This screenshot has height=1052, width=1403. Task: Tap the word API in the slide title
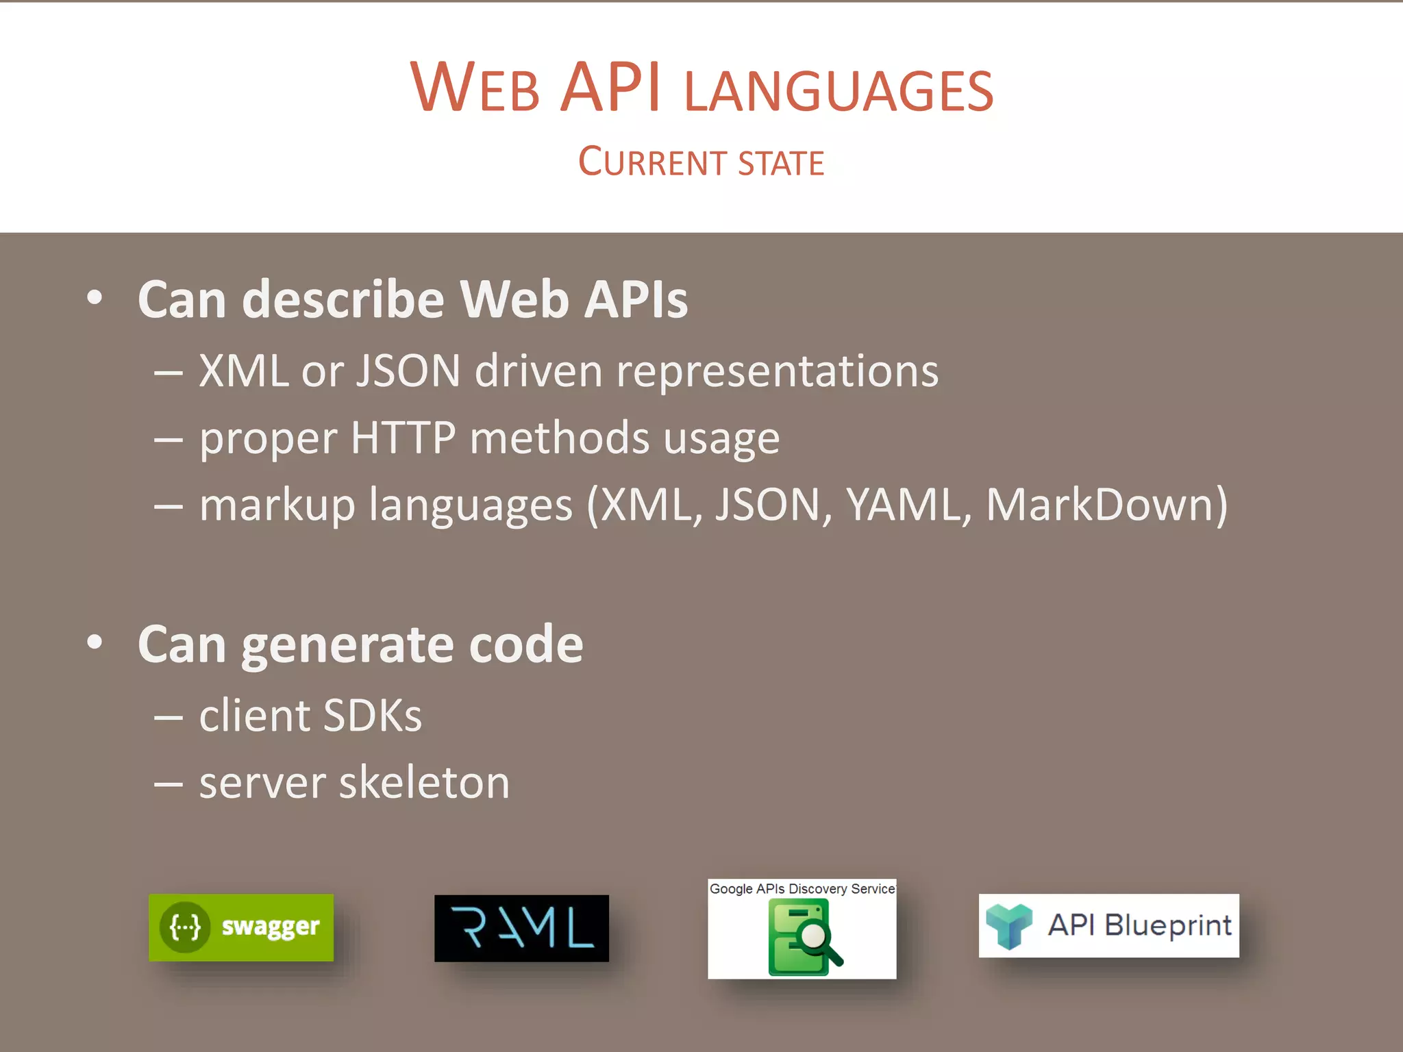(610, 88)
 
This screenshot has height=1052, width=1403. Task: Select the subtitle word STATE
(782, 163)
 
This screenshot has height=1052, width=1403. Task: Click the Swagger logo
(241, 927)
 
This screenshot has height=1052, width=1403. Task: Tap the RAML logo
(521, 928)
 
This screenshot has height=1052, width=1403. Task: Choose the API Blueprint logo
(1108, 925)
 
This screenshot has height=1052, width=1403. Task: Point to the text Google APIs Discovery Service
(802, 889)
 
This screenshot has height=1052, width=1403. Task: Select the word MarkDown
(1100, 505)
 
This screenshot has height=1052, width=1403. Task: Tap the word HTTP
(403, 438)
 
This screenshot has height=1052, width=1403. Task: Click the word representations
(777, 372)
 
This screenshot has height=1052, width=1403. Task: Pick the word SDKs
(372, 716)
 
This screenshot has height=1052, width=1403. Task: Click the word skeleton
(424, 783)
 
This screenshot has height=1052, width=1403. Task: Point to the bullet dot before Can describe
(95, 298)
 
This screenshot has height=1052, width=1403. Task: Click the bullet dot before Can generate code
(95, 642)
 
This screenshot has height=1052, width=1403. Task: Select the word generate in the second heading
(347, 645)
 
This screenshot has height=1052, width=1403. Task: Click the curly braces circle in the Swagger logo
(185, 927)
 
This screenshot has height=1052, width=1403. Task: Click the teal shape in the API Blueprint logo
(1008, 925)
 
